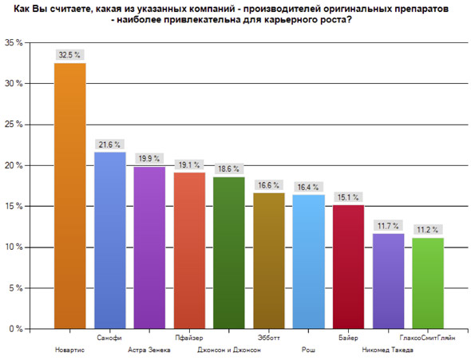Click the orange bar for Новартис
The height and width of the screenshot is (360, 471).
click(x=70, y=196)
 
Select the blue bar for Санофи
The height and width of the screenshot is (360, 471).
click(x=110, y=240)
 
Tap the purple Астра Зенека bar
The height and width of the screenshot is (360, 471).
click(x=149, y=247)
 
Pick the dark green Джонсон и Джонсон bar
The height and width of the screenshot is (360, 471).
click(x=229, y=253)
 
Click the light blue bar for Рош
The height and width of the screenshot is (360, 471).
click(x=309, y=262)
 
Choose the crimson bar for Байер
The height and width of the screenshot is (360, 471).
click(x=348, y=267)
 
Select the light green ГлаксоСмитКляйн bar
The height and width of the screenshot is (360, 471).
click(x=428, y=283)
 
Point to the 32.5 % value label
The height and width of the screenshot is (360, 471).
click(x=69, y=54)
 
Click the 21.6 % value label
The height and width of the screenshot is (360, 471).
click(x=109, y=144)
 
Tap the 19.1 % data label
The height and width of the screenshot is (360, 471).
click(x=189, y=164)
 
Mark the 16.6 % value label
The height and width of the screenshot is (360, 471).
click(x=269, y=185)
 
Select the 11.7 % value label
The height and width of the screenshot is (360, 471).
click(x=388, y=225)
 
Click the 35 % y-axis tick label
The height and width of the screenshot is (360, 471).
click(x=14, y=42)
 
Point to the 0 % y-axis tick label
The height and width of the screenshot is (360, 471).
click(x=16, y=329)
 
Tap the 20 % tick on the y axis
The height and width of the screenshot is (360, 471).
click(x=14, y=165)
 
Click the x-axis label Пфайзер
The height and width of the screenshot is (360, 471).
click(x=189, y=338)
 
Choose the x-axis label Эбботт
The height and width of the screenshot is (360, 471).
click(x=269, y=338)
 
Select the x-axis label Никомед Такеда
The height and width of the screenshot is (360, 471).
click(x=388, y=350)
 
